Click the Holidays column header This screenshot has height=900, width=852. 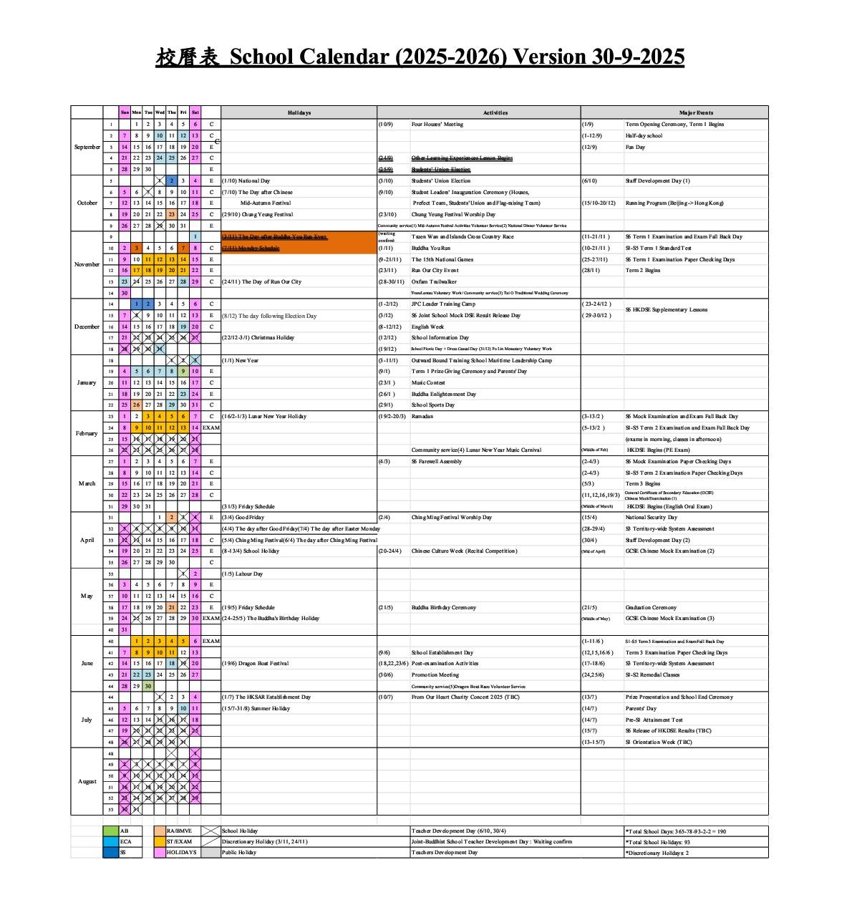pyautogui.click(x=299, y=112)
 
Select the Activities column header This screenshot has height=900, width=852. pyautogui.click(x=495, y=112)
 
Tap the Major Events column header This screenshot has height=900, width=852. pyautogui.click(x=695, y=112)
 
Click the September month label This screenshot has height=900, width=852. pyautogui.click(x=87, y=147)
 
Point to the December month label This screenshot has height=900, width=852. pyautogui.click(x=87, y=326)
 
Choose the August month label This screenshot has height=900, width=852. pyautogui.click(x=87, y=781)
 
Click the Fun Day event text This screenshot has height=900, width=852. pyautogui.click(x=635, y=147)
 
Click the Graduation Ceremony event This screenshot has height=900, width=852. pyautogui.click(x=650, y=607)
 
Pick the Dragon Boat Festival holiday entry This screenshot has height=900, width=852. pyautogui.click(x=255, y=663)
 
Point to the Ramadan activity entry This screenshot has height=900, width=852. pyautogui.click(x=422, y=416)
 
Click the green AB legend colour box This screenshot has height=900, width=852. pyautogui.click(x=110, y=831)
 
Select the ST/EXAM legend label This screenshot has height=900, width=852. pyautogui.click(x=179, y=842)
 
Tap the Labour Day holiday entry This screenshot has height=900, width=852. pyautogui.click(x=243, y=574)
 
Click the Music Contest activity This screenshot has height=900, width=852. pyautogui.click(x=428, y=382)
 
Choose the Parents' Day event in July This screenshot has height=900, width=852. pyautogui.click(x=641, y=708)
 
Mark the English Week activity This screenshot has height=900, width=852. pyautogui.click(x=427, y=326)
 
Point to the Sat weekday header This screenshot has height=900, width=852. pyautogui.click(x=195, y=112)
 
